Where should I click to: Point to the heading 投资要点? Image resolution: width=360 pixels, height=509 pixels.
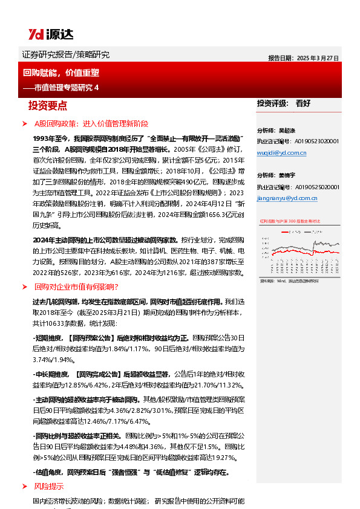(x=47, y=106)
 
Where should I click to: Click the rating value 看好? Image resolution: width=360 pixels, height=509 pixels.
(x=303, y=103)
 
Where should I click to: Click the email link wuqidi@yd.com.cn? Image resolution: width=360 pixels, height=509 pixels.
(x=281, y=153)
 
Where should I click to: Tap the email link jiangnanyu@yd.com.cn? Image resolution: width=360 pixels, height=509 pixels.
(x=286, y=197)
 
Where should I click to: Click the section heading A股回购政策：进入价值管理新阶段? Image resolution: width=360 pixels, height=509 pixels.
(x=91, y=123)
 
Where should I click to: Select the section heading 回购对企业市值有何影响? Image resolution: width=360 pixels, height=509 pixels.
(x=76, y=287)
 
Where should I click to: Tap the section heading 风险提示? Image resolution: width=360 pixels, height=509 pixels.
(x=48, y=486)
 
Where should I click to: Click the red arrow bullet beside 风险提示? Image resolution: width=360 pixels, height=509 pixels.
(x=24, y=486)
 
